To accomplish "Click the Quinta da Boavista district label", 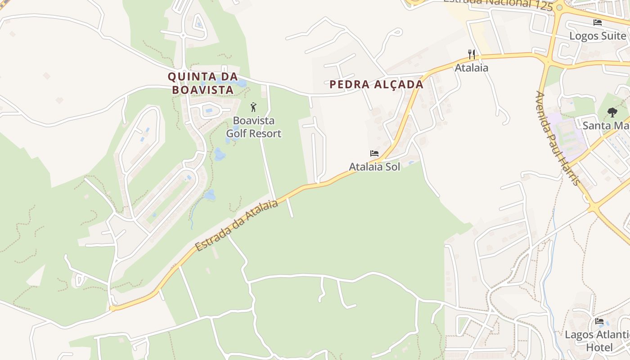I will (x=202, y=83).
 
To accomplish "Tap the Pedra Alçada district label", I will (x=376, y=85).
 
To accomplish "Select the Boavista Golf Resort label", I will (x=253, y=127).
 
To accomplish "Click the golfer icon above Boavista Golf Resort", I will (x=253, y=108).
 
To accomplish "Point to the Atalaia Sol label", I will (x=374, y=167).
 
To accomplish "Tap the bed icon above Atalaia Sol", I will (x=374, y=153).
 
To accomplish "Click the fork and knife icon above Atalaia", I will (x=472, y=54).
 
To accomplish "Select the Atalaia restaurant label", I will (x=472, y=68).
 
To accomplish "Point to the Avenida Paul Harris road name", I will (x=557, y=138).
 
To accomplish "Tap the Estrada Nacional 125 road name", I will (x=497, y=4).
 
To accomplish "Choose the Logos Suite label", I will (x=598, y=36).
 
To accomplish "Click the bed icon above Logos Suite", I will (x=598, y=22).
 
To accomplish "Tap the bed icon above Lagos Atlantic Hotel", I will (x=599, y=321).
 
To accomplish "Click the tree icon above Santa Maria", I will (x=612, y=112).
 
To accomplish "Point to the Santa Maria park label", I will (x=606, y=126).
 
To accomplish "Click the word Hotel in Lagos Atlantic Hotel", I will (x=599, y=347).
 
